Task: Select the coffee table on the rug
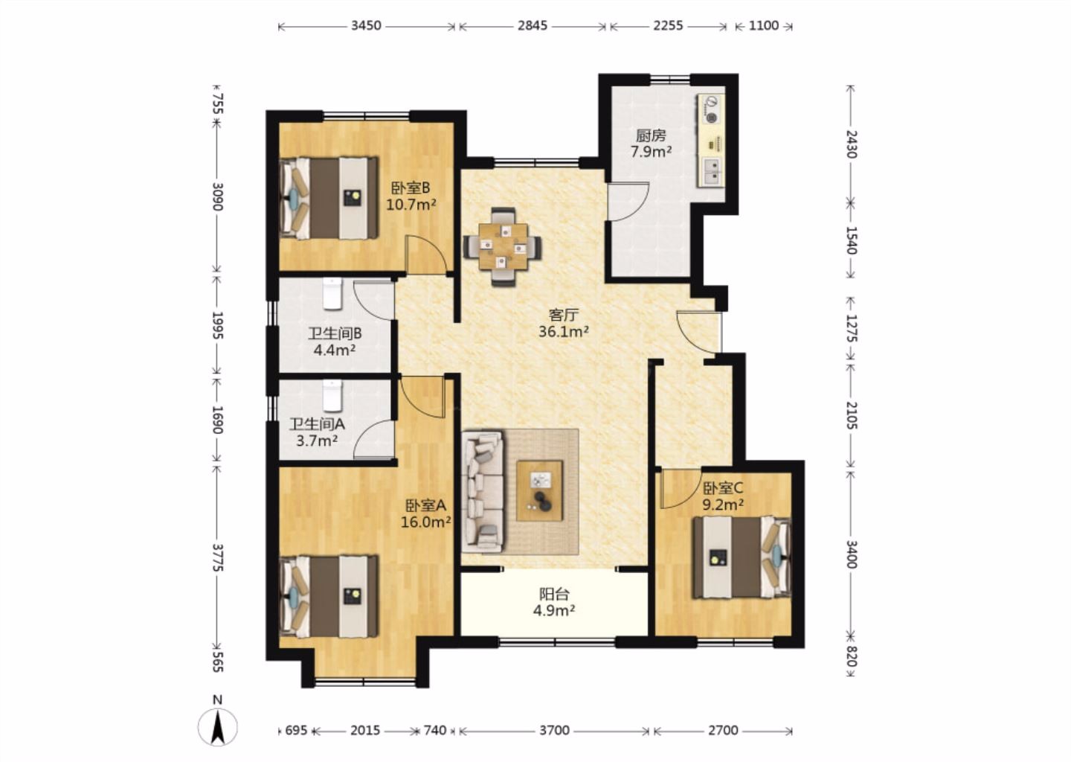click(x=539, y=490)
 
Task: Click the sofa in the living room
click(x=483, y=491)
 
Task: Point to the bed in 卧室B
click(x=329, y=198)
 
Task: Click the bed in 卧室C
click(x=742, y=557)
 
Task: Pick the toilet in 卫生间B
click(x=332, y=292)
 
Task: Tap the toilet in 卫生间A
click(x=332, y=396)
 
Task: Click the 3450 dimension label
click(x=366, y=25)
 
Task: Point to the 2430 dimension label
click(x=852, y=144)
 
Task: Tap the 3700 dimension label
click(x=555, y=731)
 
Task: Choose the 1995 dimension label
click(x=217, y=326)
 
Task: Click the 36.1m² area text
click(x=564, y=331)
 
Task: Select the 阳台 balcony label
click(x=555, y=594)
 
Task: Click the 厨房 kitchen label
click(x=651, y=136)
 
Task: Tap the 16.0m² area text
click(x=426, y=522)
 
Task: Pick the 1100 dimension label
click(x=764, y=25)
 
